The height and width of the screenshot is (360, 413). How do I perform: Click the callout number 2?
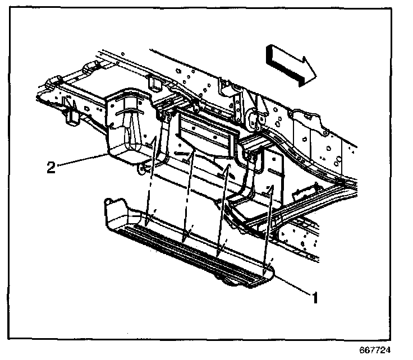pyautogui.click(x=51, y=168)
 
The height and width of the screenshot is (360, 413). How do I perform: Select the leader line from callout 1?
pyautogui.click(x=292, y=283)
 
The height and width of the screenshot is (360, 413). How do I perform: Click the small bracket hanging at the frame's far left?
pyautogui.click(x=72, y=115)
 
